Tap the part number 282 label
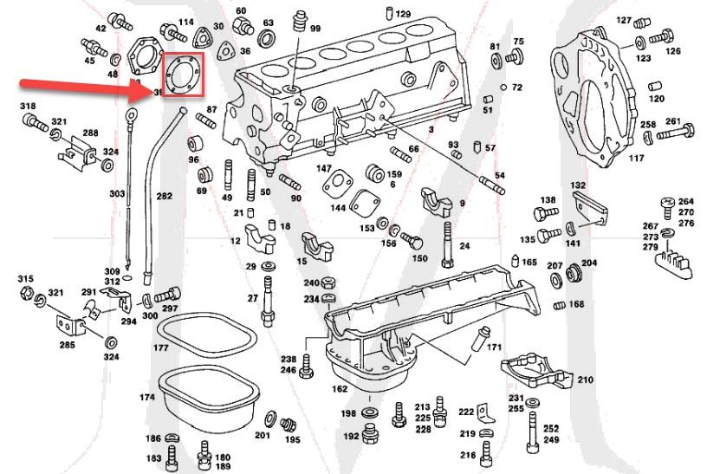164,198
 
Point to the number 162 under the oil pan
340,389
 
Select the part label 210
586,380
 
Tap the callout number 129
404,15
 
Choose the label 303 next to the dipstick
117,194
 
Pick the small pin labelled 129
387,13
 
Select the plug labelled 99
302,19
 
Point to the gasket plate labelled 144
337,185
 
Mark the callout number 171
494,347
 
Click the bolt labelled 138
546,214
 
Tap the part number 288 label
90,133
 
